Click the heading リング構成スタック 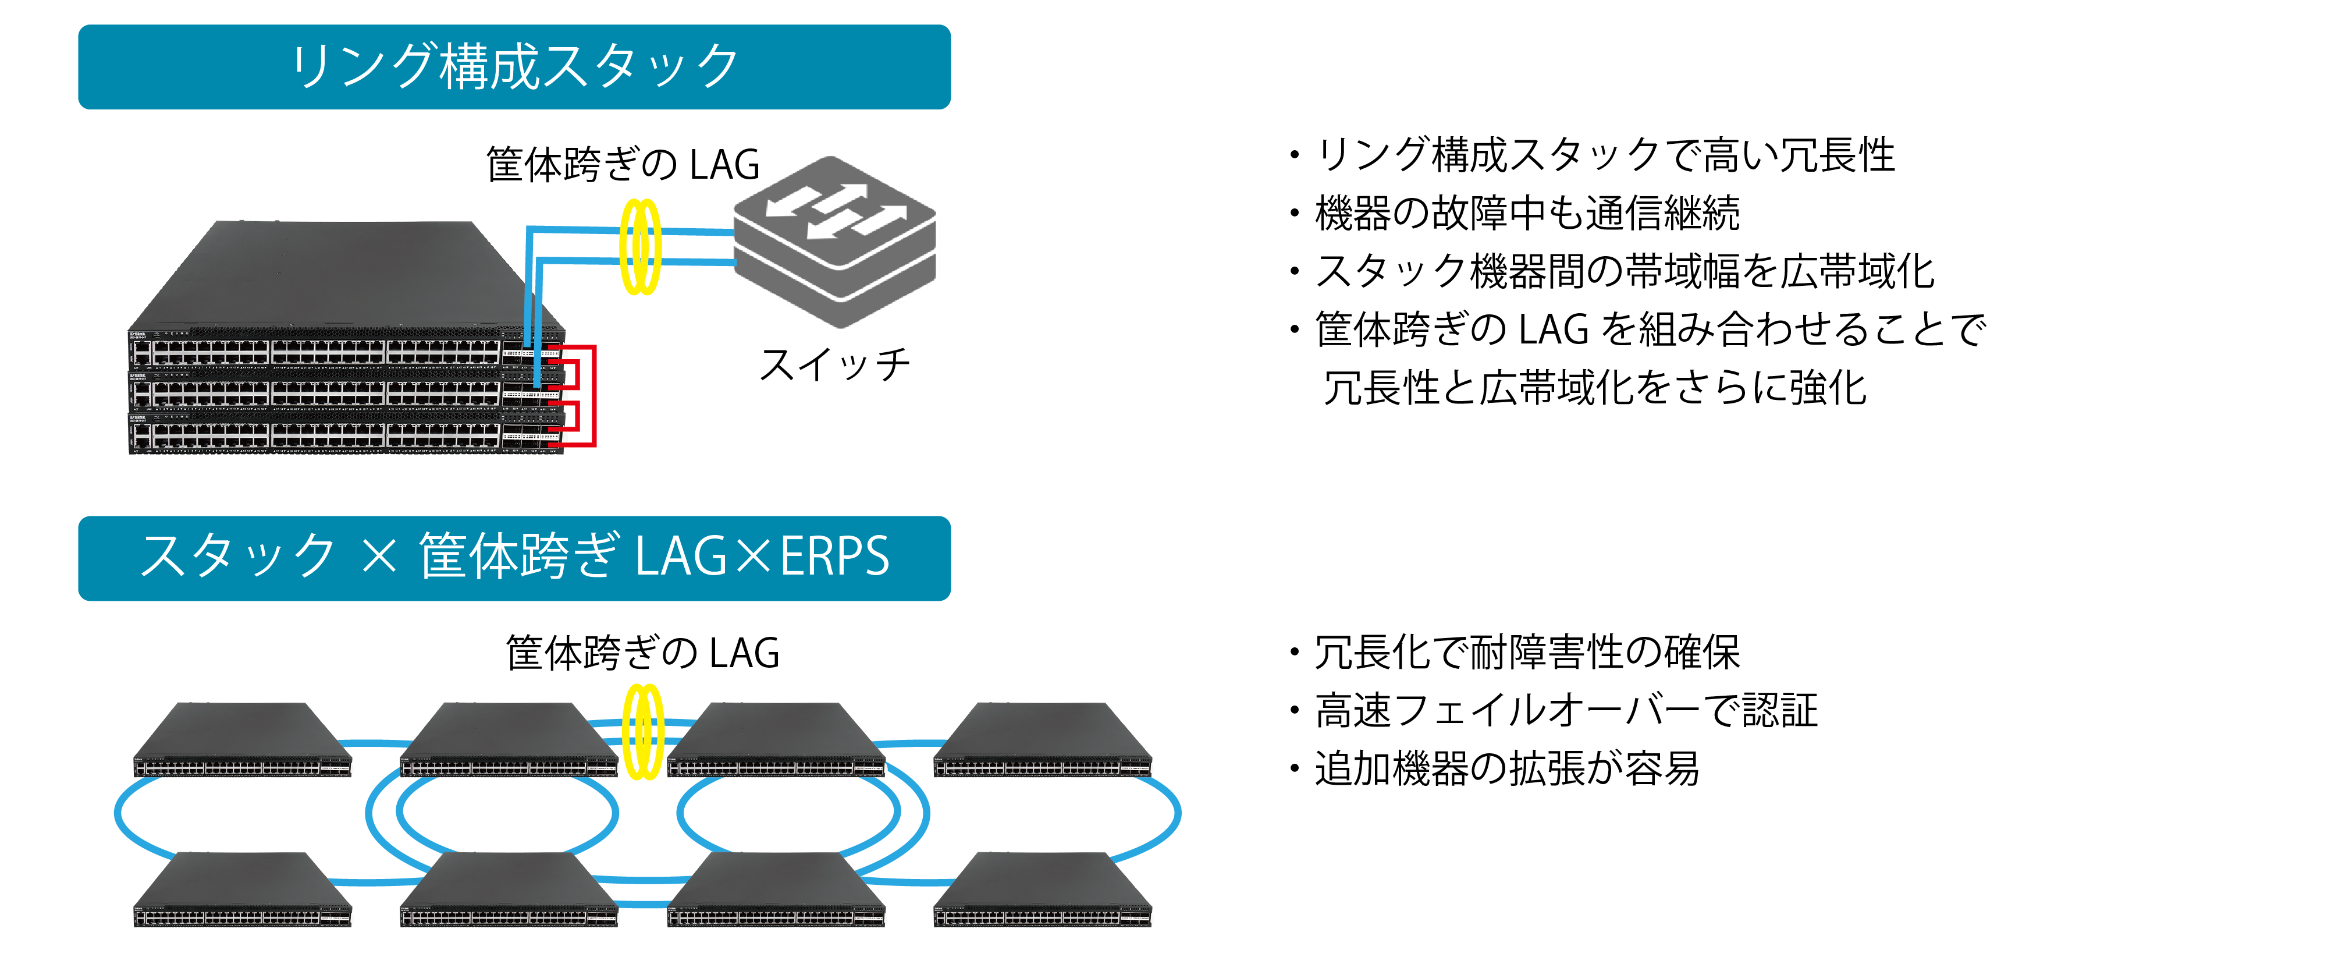point(514,67)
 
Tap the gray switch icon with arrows point(834,242)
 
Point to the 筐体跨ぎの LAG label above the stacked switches point(623,165)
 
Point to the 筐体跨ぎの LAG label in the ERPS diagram point(642,653)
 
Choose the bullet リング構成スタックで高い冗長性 point(1593,155)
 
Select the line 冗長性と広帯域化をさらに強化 point(1595,388)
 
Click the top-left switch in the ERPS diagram point(242,739)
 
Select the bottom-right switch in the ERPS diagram point(1043,890)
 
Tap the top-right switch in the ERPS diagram point(1043,739)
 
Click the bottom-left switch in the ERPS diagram point(242,890)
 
